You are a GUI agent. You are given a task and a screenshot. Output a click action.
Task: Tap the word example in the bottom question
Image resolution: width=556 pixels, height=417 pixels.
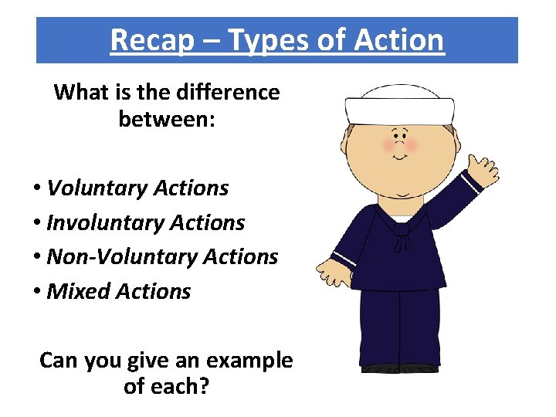tap(251, 360)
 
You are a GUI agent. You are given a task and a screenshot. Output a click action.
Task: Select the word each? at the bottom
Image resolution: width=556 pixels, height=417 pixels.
tap(178, 385)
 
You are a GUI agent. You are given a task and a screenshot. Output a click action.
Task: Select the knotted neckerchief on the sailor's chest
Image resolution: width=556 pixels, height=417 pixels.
tap(400, 235)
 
